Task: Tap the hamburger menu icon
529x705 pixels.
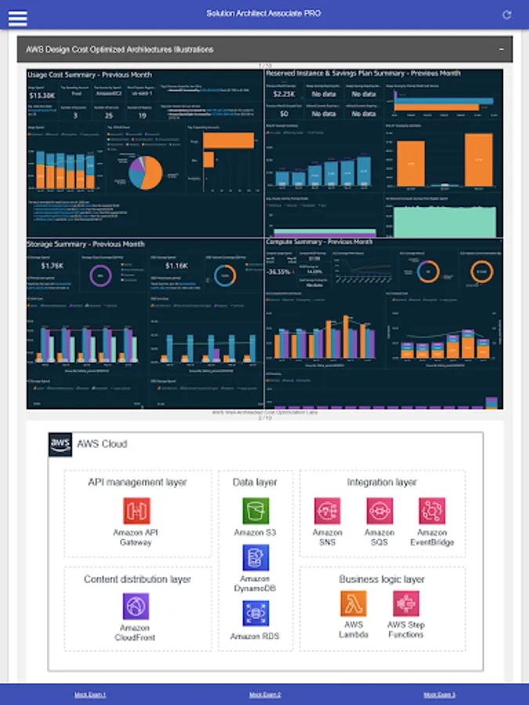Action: click(17, 16)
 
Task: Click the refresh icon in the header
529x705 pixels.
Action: click(506, 15)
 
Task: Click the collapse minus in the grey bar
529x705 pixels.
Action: click(501, 49)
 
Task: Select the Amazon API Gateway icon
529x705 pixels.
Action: click(136, 512)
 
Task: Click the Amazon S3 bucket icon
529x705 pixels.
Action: click(255, 511)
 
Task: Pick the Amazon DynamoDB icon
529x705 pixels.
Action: click(255, 558)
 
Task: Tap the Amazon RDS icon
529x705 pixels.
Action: click(255, 613)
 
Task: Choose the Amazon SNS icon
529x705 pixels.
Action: click(328, 512)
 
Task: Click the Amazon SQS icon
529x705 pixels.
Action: click(380, 512)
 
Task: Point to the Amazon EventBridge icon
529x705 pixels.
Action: click(432, 512)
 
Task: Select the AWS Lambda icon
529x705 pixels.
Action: click(353, 603)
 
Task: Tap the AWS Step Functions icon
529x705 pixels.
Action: click(406, 603)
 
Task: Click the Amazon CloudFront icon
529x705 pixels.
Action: click(136, 606)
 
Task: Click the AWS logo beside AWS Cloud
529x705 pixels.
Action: click(60, 443)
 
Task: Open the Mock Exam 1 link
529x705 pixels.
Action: click(90, 695)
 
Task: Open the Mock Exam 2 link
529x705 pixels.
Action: click(265, 695)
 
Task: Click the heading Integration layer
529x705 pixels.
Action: click(382, 483)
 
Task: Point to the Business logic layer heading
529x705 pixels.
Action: click(382, 580)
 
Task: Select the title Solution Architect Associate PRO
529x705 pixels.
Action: click(263, 13)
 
